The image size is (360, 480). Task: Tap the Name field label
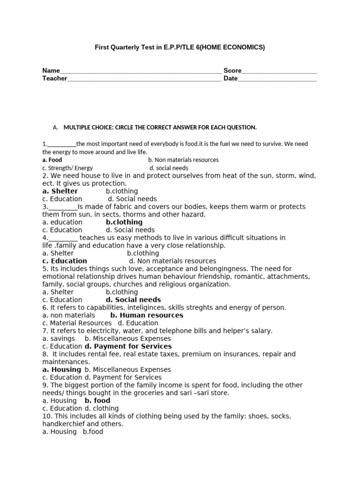click(51, 71)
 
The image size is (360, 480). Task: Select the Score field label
click(232, 71)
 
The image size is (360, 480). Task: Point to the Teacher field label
click(55, 79)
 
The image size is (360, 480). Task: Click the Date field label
click(231, 79)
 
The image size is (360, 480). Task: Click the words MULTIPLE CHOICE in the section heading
click(88, 127)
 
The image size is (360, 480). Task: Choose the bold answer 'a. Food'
click(52, 160)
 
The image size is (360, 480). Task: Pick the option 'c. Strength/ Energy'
click(67, 168)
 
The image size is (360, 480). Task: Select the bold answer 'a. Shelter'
click(60, 191)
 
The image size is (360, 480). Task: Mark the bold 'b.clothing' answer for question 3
click(124, 222)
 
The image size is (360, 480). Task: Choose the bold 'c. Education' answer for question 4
click(65, 261)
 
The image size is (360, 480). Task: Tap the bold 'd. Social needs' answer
click(133, 300)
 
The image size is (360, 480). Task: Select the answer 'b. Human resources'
click(147, 315)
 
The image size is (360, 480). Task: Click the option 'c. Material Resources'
click(77, 323)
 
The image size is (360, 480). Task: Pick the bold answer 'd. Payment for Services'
click(128, 346)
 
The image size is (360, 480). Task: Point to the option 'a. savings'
click(59, 338)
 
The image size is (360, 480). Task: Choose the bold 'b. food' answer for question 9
click(97, 401)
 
